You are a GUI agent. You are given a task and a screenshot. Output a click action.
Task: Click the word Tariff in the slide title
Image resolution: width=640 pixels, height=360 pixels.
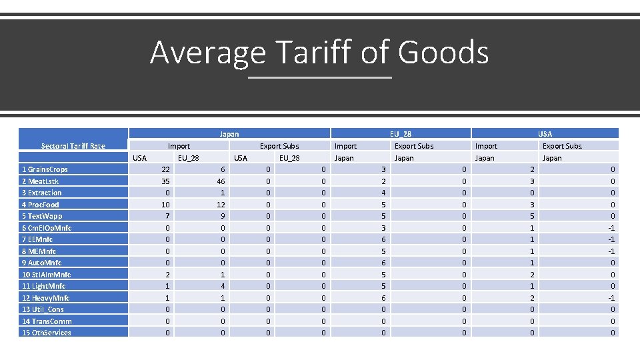pyautogui.click(x=312, y=53)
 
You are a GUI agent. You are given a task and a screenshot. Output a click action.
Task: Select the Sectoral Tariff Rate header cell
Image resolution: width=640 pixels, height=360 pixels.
pyautogui.click(x=73, y=146)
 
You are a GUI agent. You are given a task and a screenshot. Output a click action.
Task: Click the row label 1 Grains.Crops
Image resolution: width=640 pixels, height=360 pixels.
pyautogui.click(x=45, y=169)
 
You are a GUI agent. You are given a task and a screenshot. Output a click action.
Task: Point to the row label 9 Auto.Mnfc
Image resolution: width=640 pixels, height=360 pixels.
pyautogui.click(x=42, y=263)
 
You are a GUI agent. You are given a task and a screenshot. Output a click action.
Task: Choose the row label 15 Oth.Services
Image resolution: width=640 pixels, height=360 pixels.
pyautogui.click(x=47, y=333)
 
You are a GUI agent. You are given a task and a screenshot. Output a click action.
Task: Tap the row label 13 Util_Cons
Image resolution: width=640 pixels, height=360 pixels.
pyautogui.click(x=43, y=309)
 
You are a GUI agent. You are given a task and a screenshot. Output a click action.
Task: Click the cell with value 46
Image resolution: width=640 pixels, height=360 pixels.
pyautogui.click(x=219, y=181)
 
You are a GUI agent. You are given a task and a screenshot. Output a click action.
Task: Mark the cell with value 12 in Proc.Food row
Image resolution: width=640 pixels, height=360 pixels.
pyautogui.click(x=219, y=205)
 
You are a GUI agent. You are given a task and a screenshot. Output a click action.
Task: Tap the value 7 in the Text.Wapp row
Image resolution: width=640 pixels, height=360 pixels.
pyautogui.click(x=167, y=216)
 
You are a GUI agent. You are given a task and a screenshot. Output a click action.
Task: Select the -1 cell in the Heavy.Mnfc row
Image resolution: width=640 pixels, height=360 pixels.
pyautogui.click(x=611, y=298)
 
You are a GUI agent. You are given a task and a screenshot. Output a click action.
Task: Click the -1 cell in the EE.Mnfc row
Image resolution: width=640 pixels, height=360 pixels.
pyautogui.click(x=611, y=239)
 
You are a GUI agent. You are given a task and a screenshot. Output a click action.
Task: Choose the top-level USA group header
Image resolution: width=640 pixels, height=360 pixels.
pyautogui.click(x=545, y=134)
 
